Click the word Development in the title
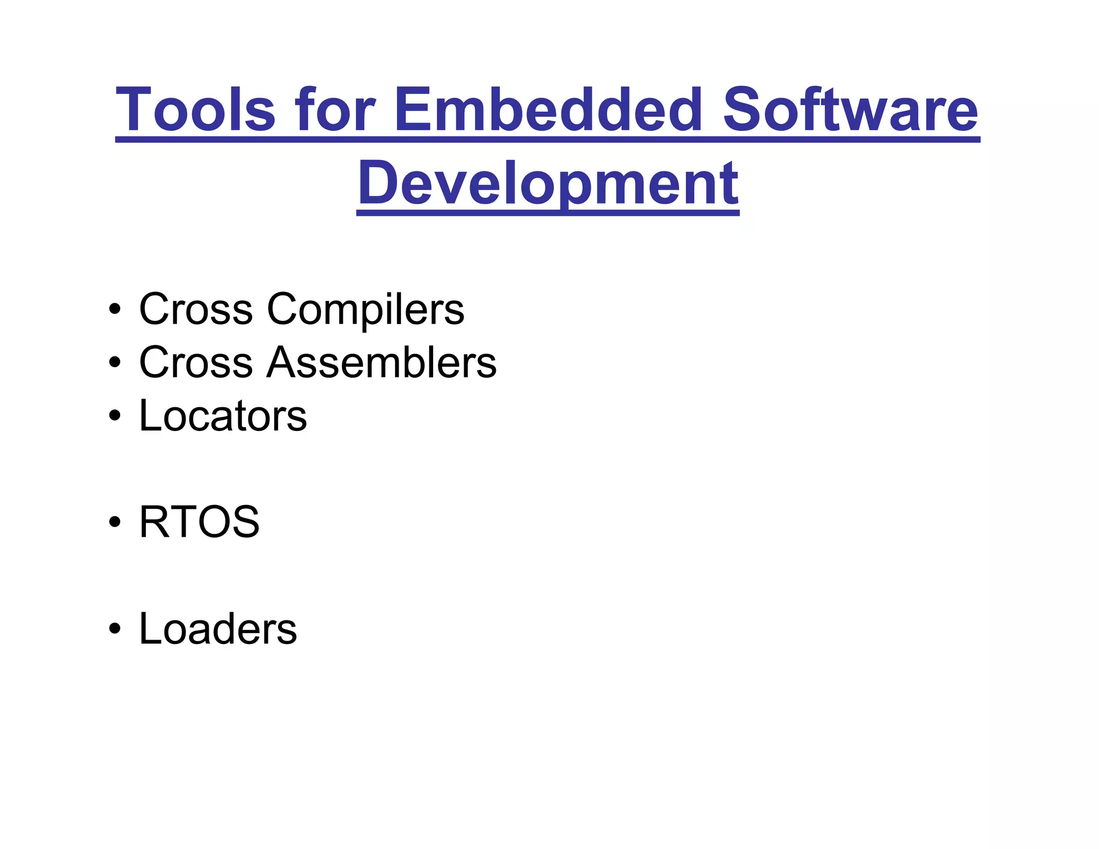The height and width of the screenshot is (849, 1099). click(548, 184)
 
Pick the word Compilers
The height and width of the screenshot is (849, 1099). click(365, 310)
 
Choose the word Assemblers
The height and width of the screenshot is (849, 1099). click(382, 363)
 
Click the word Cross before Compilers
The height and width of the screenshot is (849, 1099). click(196, 310)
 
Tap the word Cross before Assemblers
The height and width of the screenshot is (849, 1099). click(196, 363)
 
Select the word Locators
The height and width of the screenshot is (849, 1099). click(223, 416)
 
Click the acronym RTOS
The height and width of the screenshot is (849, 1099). click(199, 522)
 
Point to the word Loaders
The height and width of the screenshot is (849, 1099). click(218, 629)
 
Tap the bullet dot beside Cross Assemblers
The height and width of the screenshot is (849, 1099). click(114, 363)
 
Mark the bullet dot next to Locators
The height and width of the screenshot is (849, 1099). click(114, 416)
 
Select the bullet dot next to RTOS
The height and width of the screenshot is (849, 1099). click(114, 523)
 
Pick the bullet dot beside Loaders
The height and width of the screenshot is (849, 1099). click(114, 630)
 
